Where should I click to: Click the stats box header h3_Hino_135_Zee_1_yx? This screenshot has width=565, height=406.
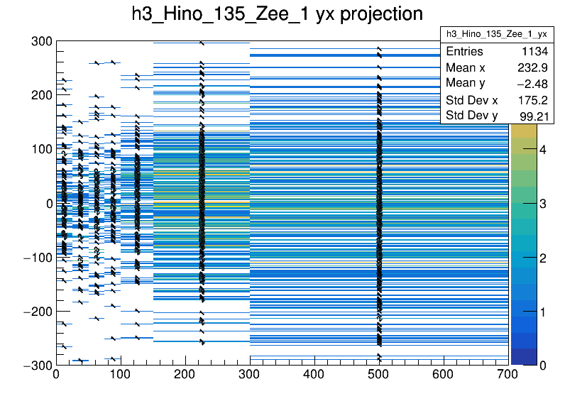(x=496, y=34)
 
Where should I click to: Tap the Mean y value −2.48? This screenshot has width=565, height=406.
(x=532, y=84)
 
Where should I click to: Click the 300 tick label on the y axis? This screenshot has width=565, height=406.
(x=40, y=42)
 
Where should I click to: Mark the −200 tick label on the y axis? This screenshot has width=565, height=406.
(x=36, y=311)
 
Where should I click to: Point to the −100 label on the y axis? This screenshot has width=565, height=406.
(x=36, y=257)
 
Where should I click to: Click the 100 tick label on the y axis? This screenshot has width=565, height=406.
(x=40, y=149)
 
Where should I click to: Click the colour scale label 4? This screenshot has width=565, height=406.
(x=543, y=150)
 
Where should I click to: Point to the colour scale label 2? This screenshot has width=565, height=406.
(x=543, y=258)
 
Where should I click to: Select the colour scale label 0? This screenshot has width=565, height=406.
(x=543, y=365)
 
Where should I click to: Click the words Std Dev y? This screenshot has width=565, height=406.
(x=472, y=115)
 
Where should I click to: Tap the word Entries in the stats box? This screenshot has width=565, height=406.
(x=464, y=52)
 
